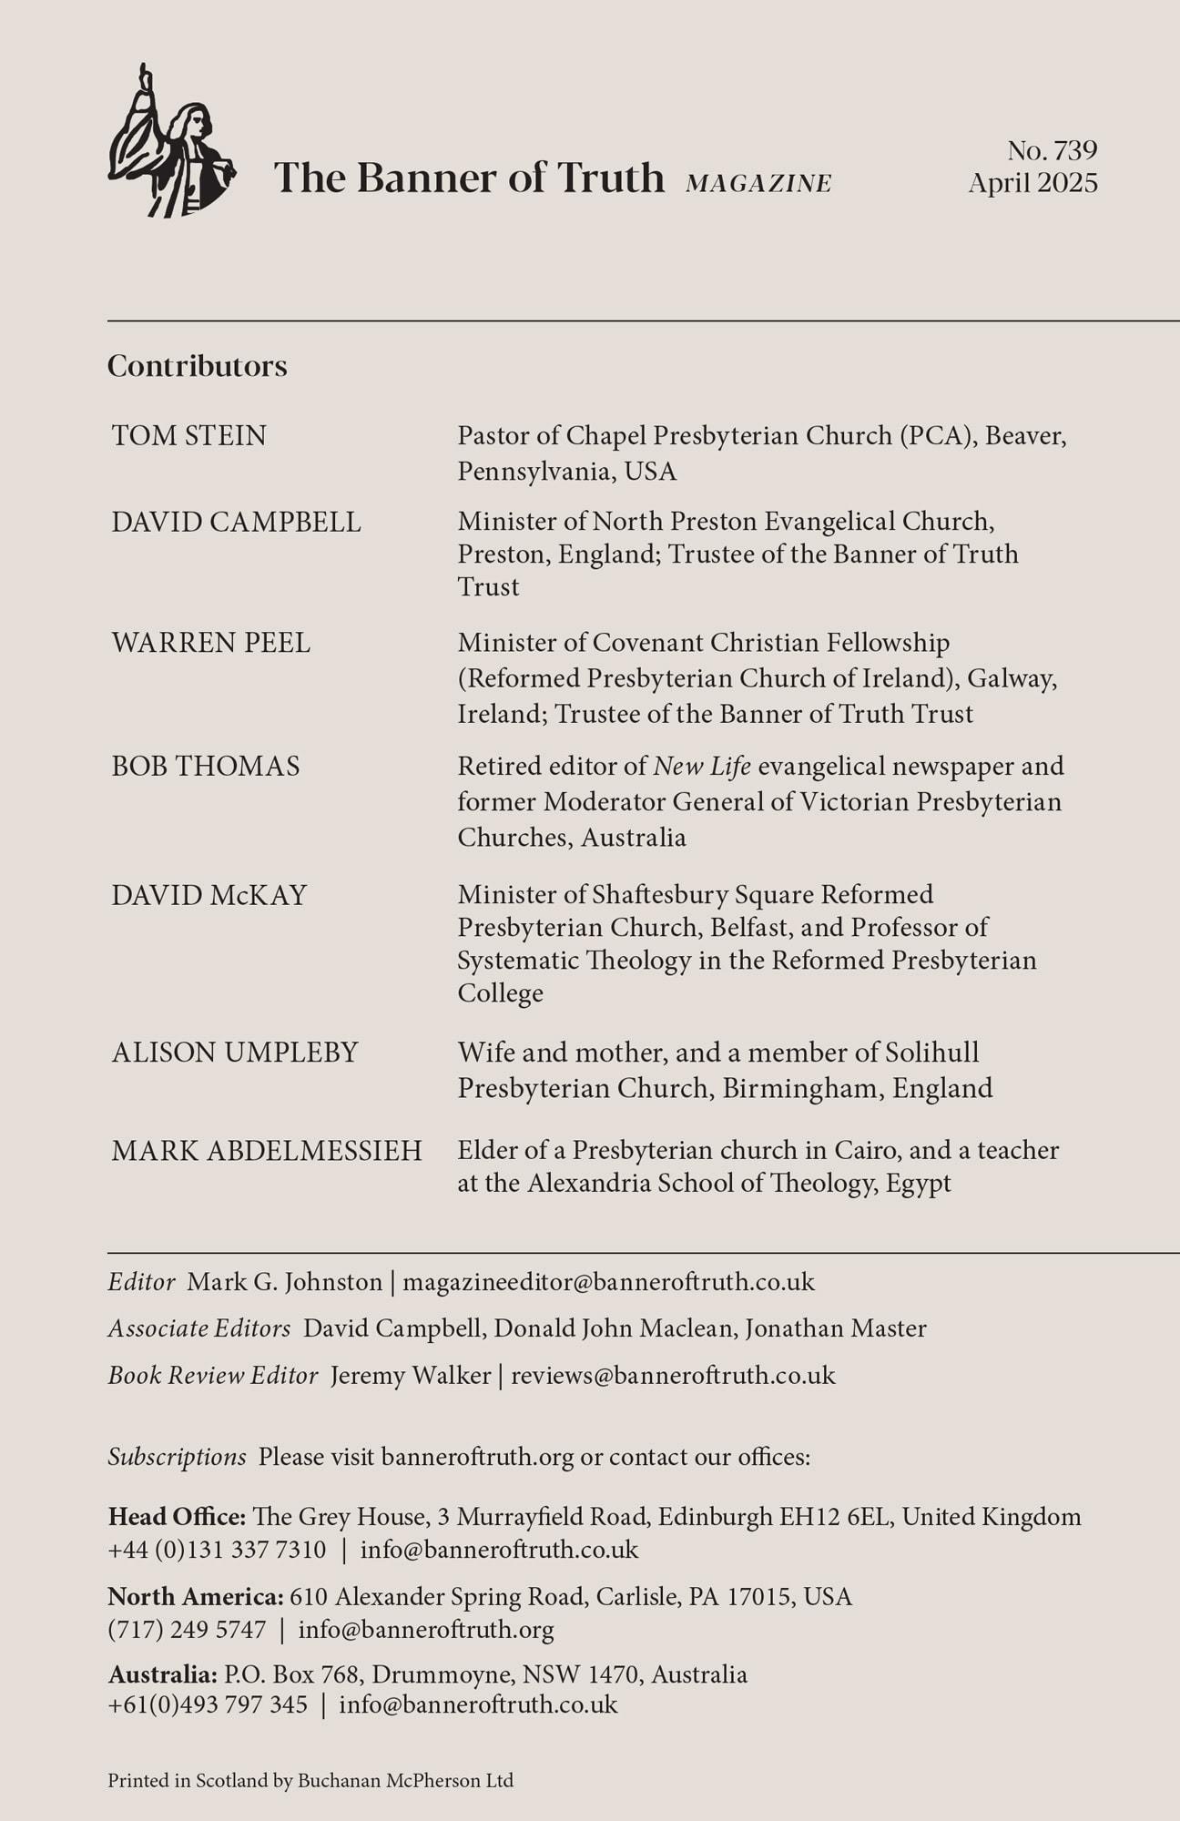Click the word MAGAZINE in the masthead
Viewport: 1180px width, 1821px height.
[x=758, y=184]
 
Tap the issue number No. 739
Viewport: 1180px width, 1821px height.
[x=1052, y=150]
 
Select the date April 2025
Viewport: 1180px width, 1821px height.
[x=1032, y=183]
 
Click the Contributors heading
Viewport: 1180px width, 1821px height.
[x=198, y=366]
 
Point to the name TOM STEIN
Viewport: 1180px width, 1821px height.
[x=189, y=436]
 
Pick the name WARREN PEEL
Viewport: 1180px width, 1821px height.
[x=211, y=643]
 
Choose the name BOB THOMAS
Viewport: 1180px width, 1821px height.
[x=206, y=767]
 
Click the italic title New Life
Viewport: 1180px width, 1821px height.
[x=702, y=767]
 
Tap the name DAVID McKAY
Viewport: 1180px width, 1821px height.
[x=209, y=895]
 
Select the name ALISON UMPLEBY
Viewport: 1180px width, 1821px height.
[x=235, y=1053]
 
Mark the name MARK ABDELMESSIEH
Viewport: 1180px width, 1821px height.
[x=267, y=1151]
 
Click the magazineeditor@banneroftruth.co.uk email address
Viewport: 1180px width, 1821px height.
[x=608, y=1282]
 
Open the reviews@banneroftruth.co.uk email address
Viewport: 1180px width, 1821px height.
[x=673, y=1375]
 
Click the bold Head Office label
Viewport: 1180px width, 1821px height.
[x=177, y=1517]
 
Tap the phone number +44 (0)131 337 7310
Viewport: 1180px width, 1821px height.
[x=217, y=1550]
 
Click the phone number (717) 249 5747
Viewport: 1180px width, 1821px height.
[x=188, y=1630]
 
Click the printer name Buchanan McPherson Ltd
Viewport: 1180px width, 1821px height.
[x=405, y=1780]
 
